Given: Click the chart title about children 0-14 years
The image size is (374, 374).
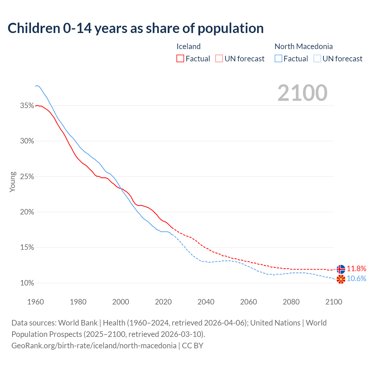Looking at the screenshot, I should (136, 28).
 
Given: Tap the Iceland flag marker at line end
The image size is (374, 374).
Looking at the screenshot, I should (341, 269).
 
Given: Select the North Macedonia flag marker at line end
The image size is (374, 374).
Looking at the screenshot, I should (341, 279).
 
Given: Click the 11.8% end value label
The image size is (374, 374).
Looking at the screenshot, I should (356, 269).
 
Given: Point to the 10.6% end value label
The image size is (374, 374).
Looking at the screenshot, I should (356, 279).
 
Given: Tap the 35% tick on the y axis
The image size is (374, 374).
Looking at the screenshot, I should (27, 106).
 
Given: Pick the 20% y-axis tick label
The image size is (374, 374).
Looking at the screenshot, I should (27, 212).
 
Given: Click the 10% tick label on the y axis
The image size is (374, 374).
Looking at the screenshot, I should (27, 283).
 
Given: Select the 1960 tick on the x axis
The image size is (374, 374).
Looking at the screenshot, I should (36, 302).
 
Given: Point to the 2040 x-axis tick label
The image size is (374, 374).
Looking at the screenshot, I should (206, 302).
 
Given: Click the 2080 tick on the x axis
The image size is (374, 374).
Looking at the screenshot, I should (291, 302).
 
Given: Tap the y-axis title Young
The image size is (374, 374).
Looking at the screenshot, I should (13, 182).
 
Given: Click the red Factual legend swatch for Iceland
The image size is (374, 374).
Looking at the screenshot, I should (180, 59).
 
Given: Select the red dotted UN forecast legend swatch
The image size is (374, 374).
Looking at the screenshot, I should (219, 59).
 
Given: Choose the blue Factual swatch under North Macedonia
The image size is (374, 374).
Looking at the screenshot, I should (278, 59).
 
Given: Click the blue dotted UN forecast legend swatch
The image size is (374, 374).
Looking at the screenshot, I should (317, 59).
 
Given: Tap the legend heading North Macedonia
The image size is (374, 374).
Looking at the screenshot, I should (304, 46).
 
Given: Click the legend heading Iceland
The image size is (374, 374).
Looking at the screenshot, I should (188, 46).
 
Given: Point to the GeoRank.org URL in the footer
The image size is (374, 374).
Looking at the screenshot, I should (94, 346).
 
